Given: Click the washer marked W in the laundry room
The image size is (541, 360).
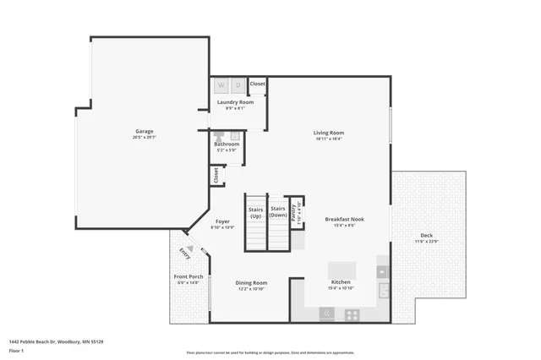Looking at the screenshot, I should (x=221, y=85).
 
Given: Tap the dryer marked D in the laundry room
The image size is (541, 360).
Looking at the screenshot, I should (x=238, y=85).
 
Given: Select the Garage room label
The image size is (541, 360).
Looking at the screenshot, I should (x=145, y=131).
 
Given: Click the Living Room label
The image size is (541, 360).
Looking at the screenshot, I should (x=329, y=132).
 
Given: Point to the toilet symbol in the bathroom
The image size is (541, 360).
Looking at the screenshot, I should (x=219, y=136).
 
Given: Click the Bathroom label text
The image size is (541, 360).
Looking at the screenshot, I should (x=227, y=144).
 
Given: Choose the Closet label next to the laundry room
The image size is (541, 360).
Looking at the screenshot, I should (x=257, y=84).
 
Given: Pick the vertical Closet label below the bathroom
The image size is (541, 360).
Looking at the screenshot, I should (x=216, y=175).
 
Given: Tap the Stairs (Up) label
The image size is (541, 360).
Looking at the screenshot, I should (x=256, y=211).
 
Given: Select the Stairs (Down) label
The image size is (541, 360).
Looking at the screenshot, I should (x=278, y=211).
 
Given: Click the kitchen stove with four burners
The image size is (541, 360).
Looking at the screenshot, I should (x=352, y=314).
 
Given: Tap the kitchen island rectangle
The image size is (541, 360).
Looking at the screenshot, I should (x=342, y=270).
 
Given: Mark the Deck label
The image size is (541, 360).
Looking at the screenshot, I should (x=427, y=236).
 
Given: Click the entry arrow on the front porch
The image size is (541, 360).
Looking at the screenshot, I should (x=190, y=248).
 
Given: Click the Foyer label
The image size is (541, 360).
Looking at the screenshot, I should (x=221, y=221).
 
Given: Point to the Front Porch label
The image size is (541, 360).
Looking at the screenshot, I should (x=188, y=276).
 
